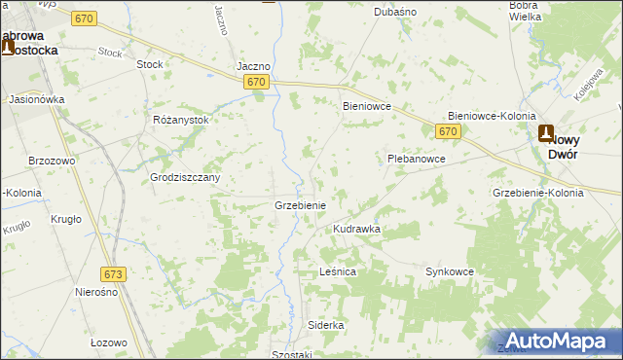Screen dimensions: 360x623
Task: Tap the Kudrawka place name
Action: tap(356, 229)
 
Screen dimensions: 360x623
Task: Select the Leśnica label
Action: tap(338, 272)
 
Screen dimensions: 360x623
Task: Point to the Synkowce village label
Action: tap(449, 272)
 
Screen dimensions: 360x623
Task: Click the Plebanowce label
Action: tap(416, 158)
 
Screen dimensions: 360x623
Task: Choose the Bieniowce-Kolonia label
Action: tap(492, 116)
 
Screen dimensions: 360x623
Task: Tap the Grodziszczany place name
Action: tap(185, 178)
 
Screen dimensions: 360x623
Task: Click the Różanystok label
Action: tap(181, 120)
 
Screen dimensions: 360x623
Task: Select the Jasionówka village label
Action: tap(36, 99)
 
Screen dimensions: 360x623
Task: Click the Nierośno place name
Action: tap(96, 292)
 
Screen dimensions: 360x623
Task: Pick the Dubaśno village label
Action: tap(395, 13)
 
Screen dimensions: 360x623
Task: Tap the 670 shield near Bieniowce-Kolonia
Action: tap(448, 130)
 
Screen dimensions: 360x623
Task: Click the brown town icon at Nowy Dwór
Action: tap(546, 134)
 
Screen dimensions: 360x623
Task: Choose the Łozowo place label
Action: tap(109, 342)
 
